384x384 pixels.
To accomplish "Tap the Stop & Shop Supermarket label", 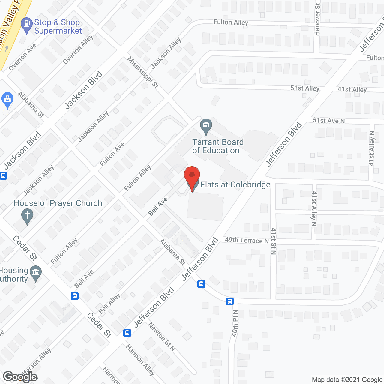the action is (x=58, y=27).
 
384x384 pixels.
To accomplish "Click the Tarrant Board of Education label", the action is (x=218, y=146).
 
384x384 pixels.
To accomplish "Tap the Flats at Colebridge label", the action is (x=235, y=184).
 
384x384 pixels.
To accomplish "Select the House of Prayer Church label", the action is (x=58, y=203).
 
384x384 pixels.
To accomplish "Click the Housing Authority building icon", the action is (x=36, y=273).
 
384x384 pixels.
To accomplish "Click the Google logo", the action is (x=20, y=377).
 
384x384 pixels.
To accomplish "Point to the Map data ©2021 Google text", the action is (x=347, y=379).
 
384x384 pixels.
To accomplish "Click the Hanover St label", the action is (x=317, y=19).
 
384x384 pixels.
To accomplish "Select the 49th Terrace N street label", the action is (x=247, y=240).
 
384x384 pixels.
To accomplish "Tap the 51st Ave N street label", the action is (x=328, y=121).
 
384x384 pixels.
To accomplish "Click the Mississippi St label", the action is (x=143, y=72).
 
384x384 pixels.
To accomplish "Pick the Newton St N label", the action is (x=162, y=337).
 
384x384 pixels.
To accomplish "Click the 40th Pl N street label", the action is (x=235, y=323).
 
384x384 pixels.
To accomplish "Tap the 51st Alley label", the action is (x=305, y=88).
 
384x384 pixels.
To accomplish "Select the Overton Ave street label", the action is (x=22, y=57).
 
